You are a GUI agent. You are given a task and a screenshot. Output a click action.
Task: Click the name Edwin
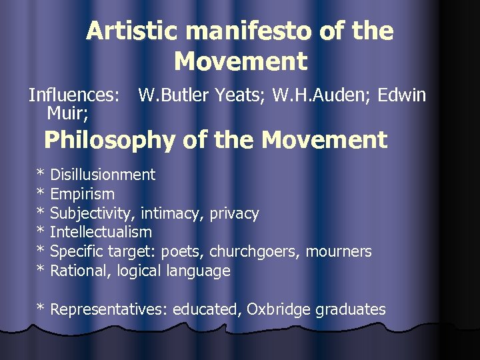click(x=401, y=95)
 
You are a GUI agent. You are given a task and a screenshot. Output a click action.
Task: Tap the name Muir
click(x=65, y=113)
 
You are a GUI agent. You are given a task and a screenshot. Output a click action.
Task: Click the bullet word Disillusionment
click(x=103, y=175)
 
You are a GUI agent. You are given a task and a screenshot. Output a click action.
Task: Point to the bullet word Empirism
click(x=82, y=194)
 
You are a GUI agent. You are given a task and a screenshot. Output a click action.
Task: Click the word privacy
click(x=233, y=213)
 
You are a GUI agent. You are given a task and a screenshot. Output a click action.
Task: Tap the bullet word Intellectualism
click(x=101, y=232)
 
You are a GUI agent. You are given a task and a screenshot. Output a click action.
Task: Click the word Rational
click(x=80, y=271)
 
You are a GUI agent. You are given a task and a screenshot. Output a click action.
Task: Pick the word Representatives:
click(x=109, y=309)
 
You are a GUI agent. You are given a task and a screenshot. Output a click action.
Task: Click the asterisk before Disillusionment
click(x=41, y=175)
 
